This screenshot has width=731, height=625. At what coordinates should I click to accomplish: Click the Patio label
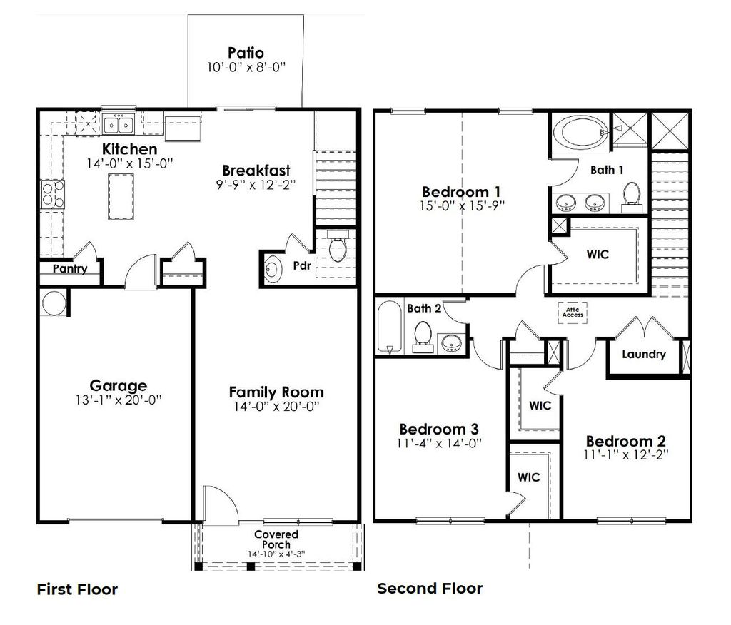(246, 53)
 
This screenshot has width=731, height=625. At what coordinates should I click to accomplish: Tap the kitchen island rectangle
(119, 197)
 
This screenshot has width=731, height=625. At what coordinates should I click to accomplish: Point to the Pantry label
(70, 269)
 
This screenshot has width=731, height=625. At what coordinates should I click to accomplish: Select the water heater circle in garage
(53, 303)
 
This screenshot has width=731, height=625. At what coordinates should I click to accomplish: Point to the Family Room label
(276, 392)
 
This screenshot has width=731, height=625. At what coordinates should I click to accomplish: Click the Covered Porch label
(276, 539)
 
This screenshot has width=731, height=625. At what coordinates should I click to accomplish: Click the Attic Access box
(573, 311)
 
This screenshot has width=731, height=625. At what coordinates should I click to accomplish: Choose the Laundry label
(643, 354)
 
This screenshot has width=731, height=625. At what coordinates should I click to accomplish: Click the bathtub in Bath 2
(389, 327)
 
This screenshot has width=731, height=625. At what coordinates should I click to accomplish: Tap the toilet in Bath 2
(423, 335)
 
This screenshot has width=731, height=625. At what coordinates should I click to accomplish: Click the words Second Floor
(430, 589)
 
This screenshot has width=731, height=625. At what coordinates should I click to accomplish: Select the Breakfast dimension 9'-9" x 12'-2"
(256, 184)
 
